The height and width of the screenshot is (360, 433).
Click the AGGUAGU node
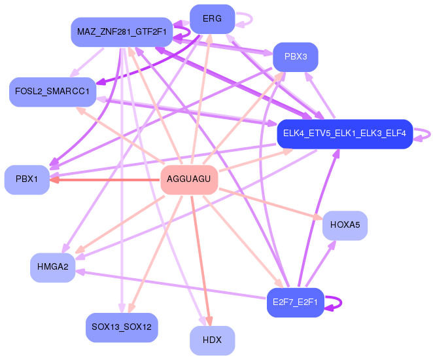(x=188, y=179)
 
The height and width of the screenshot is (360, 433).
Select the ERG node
(x=212, y=19)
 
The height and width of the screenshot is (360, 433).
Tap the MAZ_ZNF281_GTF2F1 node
(x=121, y=31)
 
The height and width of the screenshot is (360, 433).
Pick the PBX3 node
(x=296, y=57)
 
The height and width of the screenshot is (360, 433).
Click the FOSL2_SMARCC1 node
(x=52, y=91)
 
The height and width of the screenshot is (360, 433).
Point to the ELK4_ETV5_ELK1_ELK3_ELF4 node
(x=344, y=134)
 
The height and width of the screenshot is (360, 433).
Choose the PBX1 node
(x=27, y=179)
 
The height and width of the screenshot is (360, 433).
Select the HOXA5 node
(x=345, y=225)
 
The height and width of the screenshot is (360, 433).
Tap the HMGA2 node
(x=52, y=267)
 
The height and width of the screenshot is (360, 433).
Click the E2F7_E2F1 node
(x=296, y=302)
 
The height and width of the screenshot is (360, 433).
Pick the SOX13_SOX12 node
(x=122, y=326)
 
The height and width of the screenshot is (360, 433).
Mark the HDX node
(x=212, y=340)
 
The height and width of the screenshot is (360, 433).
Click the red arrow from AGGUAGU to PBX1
(x=105, y=179)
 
